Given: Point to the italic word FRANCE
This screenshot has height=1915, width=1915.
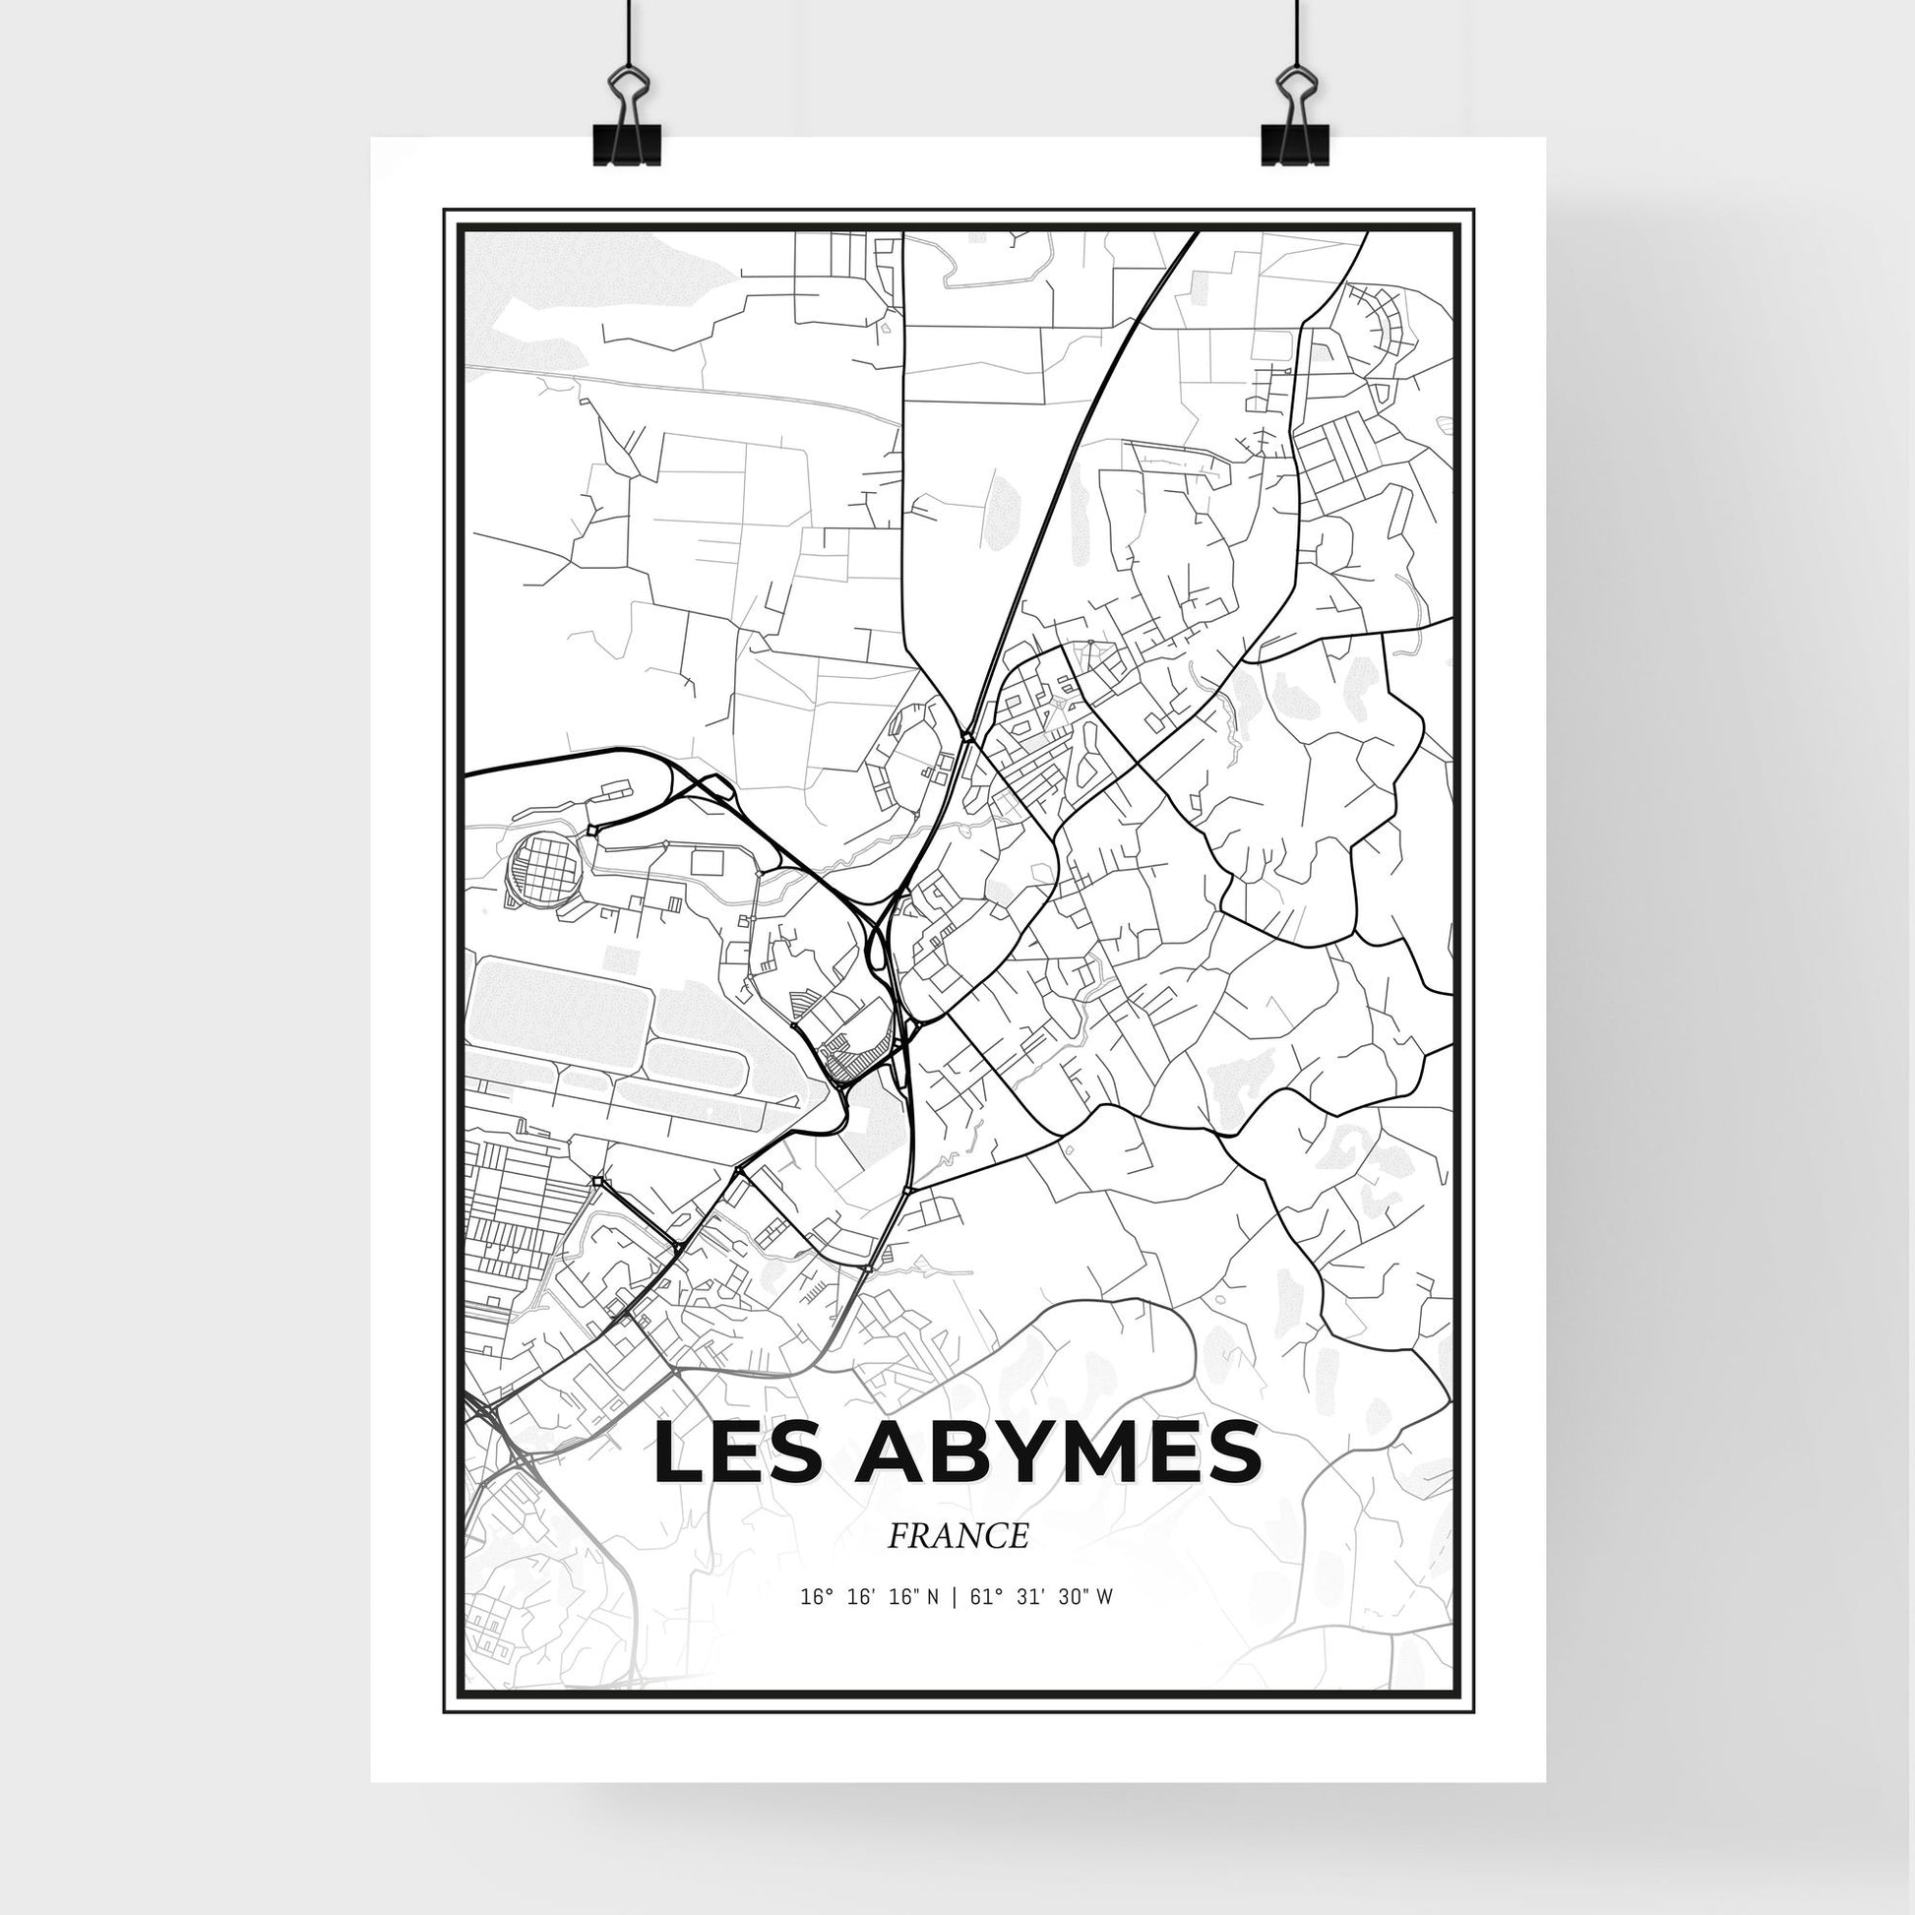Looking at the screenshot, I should pos(957,1536).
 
